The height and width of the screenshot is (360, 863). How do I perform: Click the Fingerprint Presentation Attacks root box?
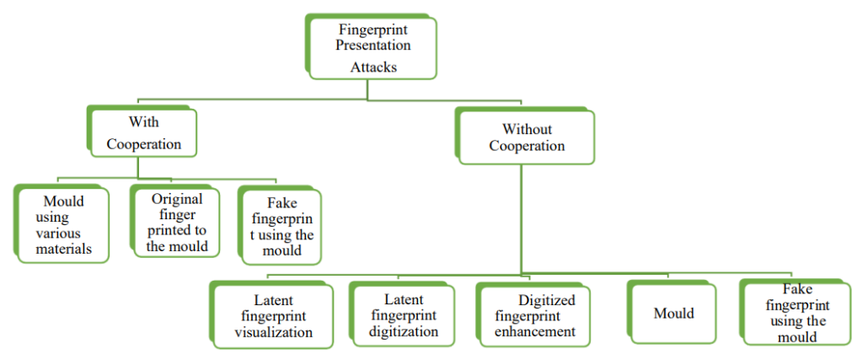point(373,47)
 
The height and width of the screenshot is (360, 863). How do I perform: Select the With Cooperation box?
point(143,133)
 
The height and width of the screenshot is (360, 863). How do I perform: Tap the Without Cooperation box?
point(527,137)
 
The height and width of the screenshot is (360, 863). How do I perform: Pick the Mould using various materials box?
point(64,224)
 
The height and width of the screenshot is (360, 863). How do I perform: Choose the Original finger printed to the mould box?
point(177,223)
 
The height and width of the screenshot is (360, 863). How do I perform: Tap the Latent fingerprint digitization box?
point(404,314)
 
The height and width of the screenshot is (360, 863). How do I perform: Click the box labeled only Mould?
point(674,314)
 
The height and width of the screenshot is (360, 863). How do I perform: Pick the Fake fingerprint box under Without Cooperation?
point(797,313)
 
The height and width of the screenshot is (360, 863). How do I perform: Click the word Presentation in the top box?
point(373,46)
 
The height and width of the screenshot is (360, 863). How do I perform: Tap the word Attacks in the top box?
point(373,67)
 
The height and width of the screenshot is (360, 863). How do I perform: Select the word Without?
point(527,129)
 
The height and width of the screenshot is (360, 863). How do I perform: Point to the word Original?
point(177,199)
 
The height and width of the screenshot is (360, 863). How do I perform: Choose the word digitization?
point(404,331)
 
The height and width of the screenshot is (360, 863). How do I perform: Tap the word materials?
point(64,249)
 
